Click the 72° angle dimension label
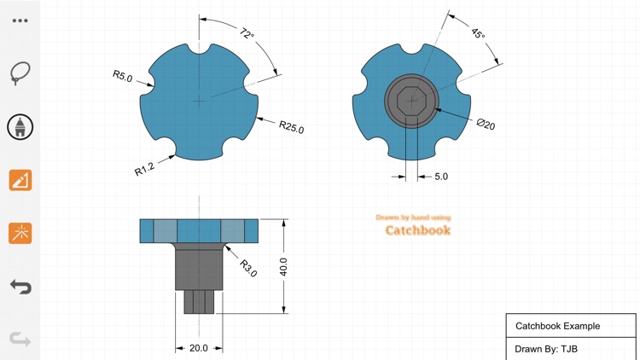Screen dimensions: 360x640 (247, 34)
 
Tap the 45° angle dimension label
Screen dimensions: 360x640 (478, 34)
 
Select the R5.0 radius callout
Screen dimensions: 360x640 (122, 76)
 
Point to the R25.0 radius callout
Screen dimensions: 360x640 (291, 128)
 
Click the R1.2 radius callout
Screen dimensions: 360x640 (144, 169)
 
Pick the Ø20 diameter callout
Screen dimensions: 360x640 (486, 125)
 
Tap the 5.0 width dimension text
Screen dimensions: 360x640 (441, 177)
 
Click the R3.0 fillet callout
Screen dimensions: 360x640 (247, 269)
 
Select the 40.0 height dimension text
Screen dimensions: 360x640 (283, 267)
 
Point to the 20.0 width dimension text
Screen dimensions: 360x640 (199, 348)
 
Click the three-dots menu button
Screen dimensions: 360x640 (20, 20)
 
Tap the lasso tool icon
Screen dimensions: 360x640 (20, 73)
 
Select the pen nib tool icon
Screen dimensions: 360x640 (20, 127)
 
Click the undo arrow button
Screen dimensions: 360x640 (20, 286)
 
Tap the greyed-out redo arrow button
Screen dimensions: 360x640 (20, 340)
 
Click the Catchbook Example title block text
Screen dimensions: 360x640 (557, 326)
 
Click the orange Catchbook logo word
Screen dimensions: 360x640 (417, 230)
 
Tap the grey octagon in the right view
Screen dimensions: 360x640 (411, 101)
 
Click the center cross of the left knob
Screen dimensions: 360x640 (199, 101)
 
